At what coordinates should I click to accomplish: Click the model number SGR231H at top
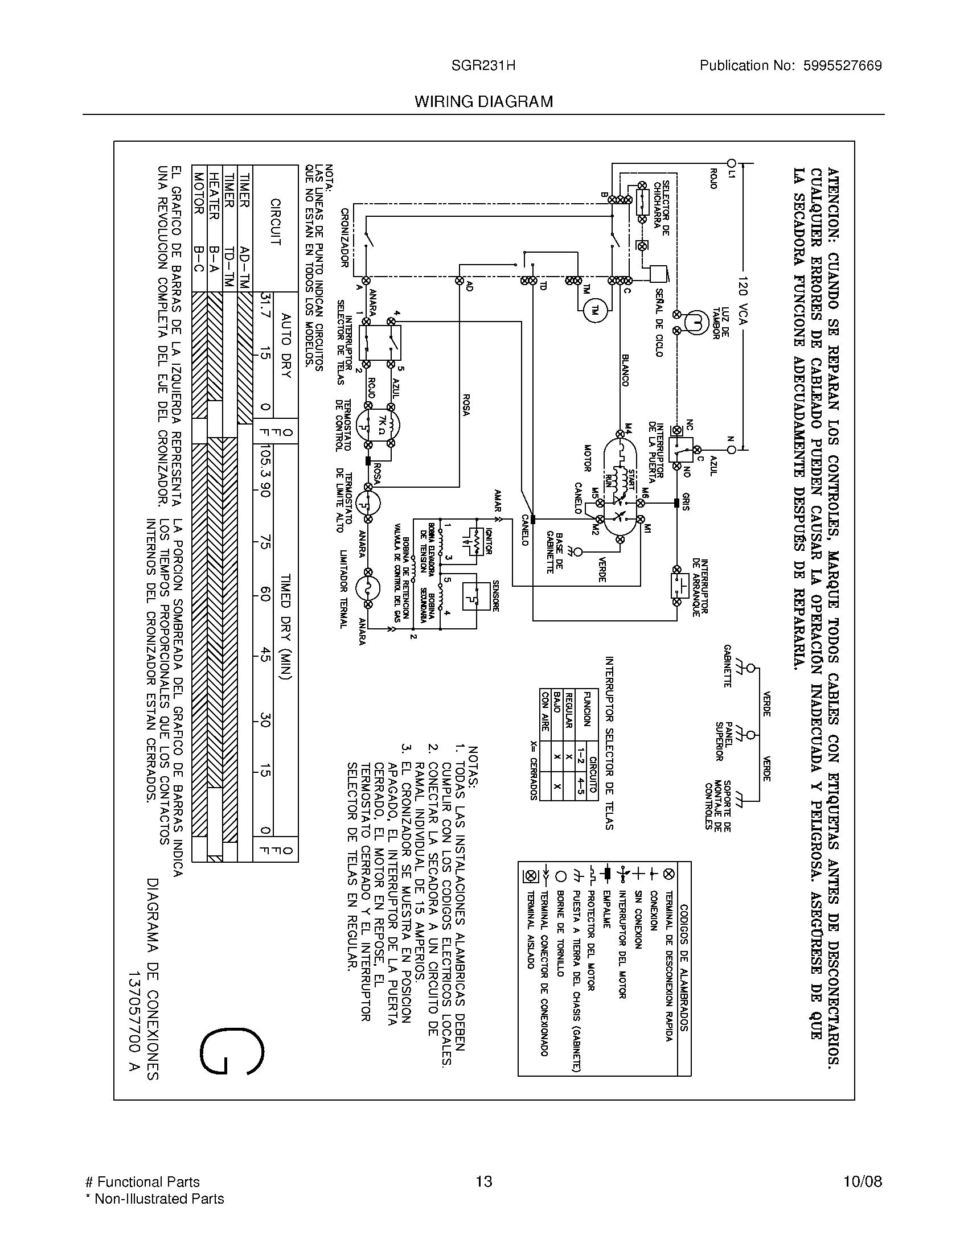point(483,66)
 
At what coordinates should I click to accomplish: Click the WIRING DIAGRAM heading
point(483,102)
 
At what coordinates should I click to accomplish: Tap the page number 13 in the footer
point(484,1181)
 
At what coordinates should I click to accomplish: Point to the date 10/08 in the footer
point(862,1181)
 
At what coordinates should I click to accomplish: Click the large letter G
point(232,1052)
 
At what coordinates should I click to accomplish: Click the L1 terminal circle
point(731,163)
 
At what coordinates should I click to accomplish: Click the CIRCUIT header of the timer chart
point(275,222)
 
